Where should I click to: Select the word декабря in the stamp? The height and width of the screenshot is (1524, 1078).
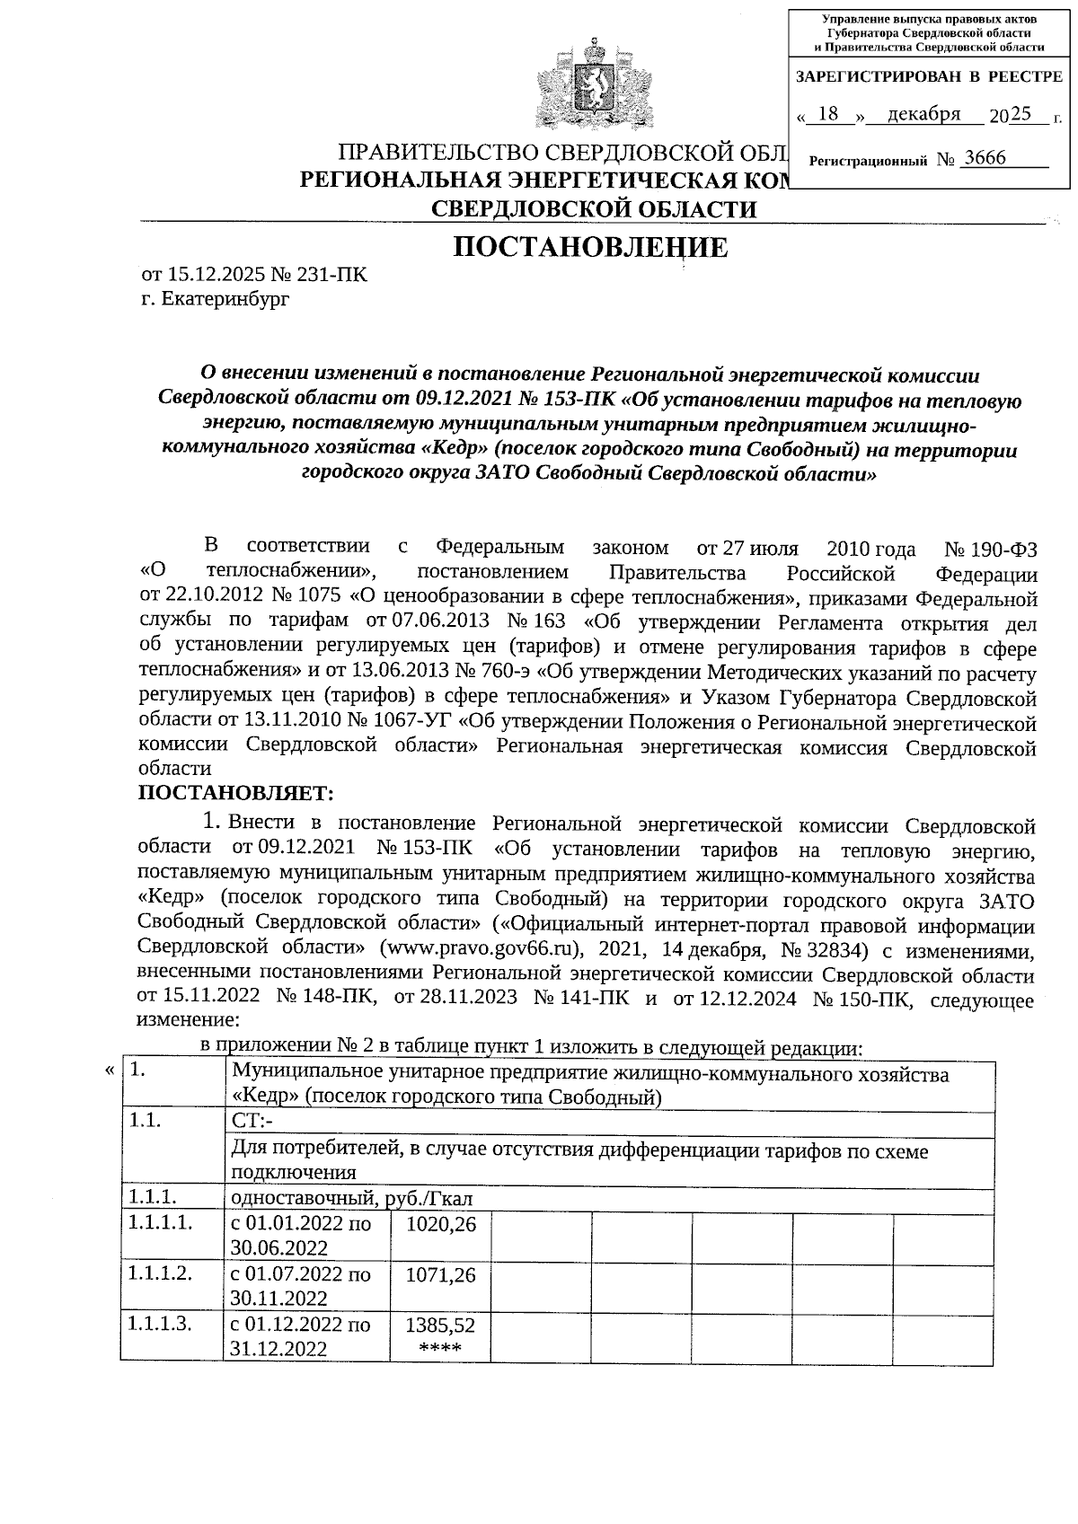pyautogui.click(x=923, y=114)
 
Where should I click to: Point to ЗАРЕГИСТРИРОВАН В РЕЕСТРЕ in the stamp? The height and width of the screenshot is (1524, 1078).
pyautogui.click(x=929, y=77)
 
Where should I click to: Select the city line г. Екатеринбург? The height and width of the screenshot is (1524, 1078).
pyautogui.click(x=215, y=300)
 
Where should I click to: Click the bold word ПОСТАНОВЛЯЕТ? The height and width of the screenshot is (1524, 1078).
pyautogui.click(x=235, y=793)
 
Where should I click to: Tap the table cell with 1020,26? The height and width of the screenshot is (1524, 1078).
pyautogui.click(x=440, y=1224)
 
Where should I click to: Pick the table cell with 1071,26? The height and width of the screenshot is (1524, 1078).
pyautogui.click(x=440, y=1274)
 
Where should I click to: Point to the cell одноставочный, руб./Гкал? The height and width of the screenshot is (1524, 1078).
pyautogui.click(x=351, y=1198)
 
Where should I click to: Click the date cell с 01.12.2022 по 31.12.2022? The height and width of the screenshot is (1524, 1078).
pyautogui.click(x=300, y=1336)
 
